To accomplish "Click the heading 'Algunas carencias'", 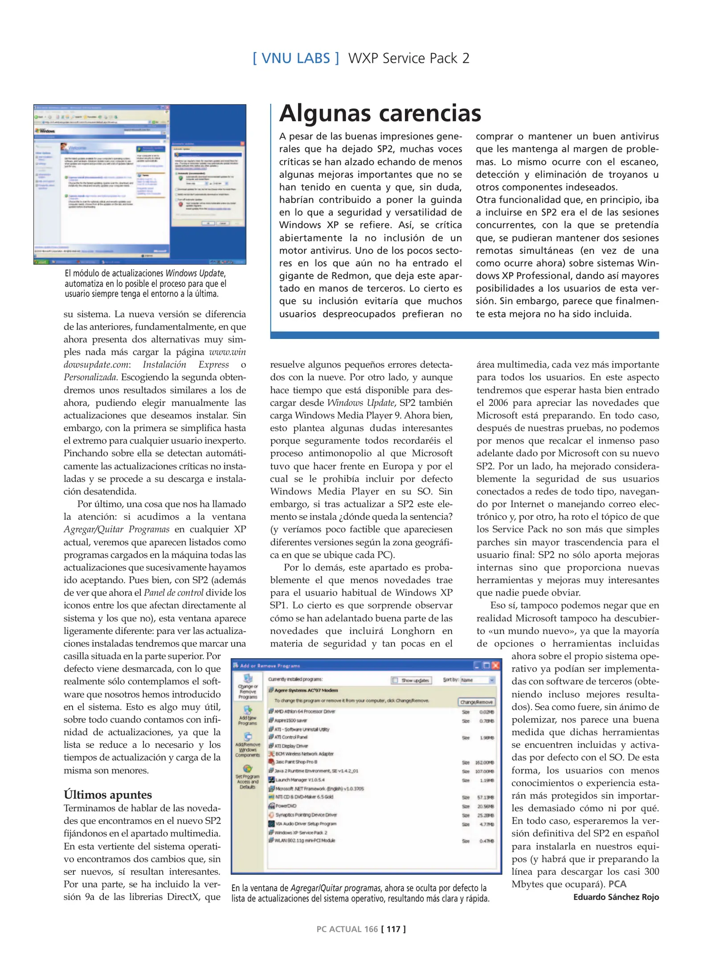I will pos(380,113).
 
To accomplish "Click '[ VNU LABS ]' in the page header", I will pos(296,58).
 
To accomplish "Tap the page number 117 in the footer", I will pos(393,929).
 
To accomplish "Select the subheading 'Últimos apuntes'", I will pos(107,795).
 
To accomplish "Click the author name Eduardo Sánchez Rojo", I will pos(616,897).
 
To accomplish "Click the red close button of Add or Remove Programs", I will pos(495,666).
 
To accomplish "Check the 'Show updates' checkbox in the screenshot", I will pos(395,680).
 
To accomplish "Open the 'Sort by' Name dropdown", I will pos(492,680).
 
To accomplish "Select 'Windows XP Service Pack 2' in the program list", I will pos(301,832).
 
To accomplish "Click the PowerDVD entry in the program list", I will pos(285,806).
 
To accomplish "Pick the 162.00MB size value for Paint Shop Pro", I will pos(484,762).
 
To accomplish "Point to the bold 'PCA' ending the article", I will pos(617,884).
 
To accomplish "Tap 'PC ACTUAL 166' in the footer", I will pos(347,929).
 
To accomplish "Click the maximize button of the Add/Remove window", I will pos(486,666).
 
